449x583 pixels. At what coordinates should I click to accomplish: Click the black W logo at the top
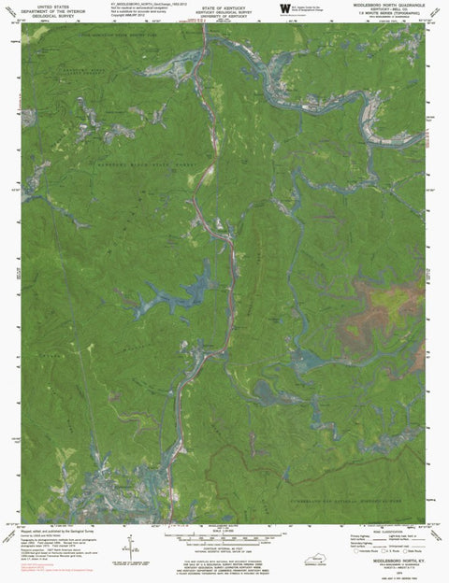(x=284, y=8)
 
